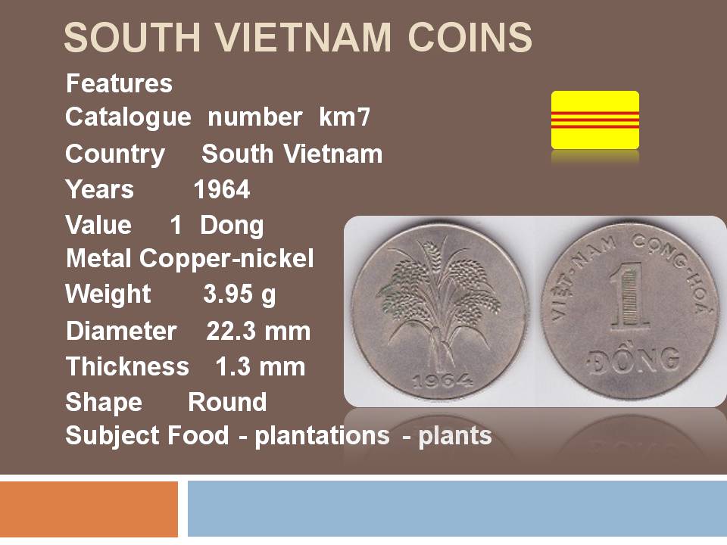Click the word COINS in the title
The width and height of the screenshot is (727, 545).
(x=470, y=38)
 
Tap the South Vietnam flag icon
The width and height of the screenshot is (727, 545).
(x=595, y=120)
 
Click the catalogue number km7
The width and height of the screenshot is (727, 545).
(x=345, y=117)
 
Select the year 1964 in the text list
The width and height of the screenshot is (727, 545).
(x=222, y=189)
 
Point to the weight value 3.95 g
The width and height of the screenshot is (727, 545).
(x=239, y=294)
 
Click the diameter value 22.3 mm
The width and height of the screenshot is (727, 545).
(x=258, y=332)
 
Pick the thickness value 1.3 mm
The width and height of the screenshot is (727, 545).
(x=260, y=366)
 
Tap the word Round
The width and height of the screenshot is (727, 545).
(x=228, y=402)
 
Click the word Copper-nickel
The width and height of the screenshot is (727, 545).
(x=226, y=259)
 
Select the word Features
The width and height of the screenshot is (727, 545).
(x=119, y=83)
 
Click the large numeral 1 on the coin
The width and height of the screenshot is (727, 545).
(x=629, y=296)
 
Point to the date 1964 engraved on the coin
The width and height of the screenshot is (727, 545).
(x=443, y=381)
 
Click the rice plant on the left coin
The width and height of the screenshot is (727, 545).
(x=438, y=301)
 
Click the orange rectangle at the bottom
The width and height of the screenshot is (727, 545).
(x=89, y=509)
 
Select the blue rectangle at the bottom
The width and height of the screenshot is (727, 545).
(x=457, y=509)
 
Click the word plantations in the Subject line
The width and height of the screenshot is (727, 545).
(x=323, y=436)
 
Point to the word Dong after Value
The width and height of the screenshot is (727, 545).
(x=232, y=226)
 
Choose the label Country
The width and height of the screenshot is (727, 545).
(x=115, y=154)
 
